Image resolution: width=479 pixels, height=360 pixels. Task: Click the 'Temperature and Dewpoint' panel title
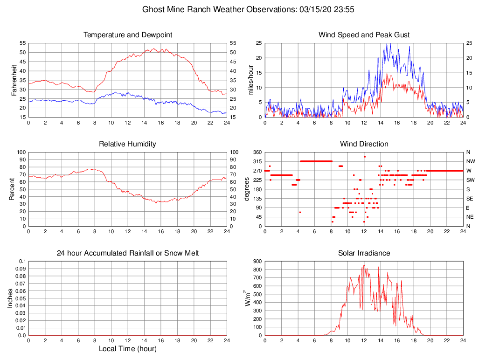(x=128, y=35)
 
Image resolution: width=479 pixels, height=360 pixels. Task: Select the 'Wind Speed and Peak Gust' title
(x=364, y=35)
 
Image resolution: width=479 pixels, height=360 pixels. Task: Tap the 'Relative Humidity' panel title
(x=128, y=144)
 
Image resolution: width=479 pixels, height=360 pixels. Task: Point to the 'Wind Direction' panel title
(x=364, y=144)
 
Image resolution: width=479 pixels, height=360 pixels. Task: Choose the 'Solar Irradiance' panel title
(x=364, y=253)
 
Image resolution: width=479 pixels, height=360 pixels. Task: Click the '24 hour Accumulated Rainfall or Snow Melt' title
(x=128, y=253)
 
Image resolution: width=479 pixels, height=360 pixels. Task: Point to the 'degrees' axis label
(x=247, y=189)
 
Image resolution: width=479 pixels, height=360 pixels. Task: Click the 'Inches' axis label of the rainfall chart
(x=10, y=298)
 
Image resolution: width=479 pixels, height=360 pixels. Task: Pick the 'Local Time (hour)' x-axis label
(x=128, y=349)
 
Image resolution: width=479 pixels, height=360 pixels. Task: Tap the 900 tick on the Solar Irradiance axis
(x=257, y=261)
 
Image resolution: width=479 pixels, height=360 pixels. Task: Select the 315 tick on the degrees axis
(x=257, y=161)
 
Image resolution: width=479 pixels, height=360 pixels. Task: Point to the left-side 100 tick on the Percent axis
(x=20, y=152)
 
